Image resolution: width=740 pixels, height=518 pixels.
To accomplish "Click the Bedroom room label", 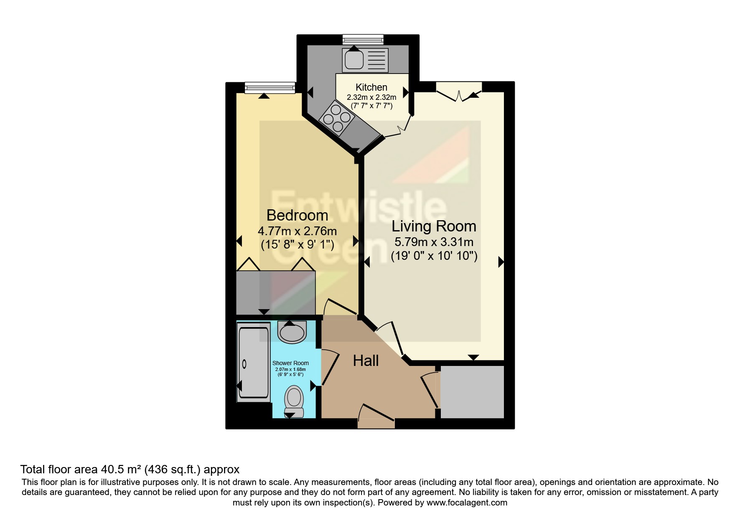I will pos(297,216).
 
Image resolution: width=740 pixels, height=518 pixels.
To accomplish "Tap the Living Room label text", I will pos(434,226).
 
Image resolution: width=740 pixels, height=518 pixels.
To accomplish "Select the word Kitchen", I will pos(371,87).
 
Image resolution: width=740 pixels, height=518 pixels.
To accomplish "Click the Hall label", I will pos(366,361).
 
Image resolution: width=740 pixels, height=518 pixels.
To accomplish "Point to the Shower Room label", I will pos(290,363).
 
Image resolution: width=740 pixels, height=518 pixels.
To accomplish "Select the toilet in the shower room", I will pos(294,399).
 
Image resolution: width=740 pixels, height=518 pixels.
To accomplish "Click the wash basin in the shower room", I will pos(292,333).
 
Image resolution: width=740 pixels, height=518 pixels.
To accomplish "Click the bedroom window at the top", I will pos(270,88).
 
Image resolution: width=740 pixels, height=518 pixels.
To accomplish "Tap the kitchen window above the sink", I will pos(363,40).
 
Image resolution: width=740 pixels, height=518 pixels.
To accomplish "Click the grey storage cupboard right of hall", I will pos(472,392).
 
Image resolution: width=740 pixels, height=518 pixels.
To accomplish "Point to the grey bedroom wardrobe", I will pos(276,292).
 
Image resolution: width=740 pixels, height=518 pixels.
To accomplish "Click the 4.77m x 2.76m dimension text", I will pos(297,231).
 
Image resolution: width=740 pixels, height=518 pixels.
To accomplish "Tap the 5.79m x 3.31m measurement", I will pos(434,242).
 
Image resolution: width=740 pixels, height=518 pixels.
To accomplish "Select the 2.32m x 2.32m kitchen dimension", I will pos(371,97).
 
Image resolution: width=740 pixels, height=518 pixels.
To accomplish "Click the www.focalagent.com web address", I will pos(467,503).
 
